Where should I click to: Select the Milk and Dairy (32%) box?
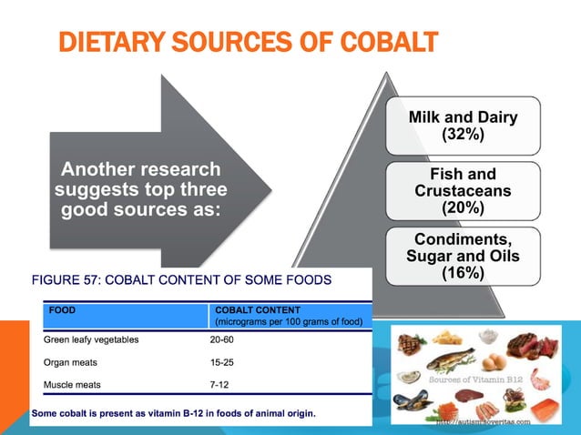click(x=462, y=126)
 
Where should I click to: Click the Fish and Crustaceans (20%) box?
click(x=462, y=190)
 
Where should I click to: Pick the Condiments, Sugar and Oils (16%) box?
click(x=462, y=256)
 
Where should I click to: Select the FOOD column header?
click(x=63, y=309)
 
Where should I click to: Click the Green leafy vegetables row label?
click(x=91, y=340)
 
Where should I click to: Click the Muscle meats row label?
click(x=72, y=384)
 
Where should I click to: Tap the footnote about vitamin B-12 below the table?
click(x=174, y=414)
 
